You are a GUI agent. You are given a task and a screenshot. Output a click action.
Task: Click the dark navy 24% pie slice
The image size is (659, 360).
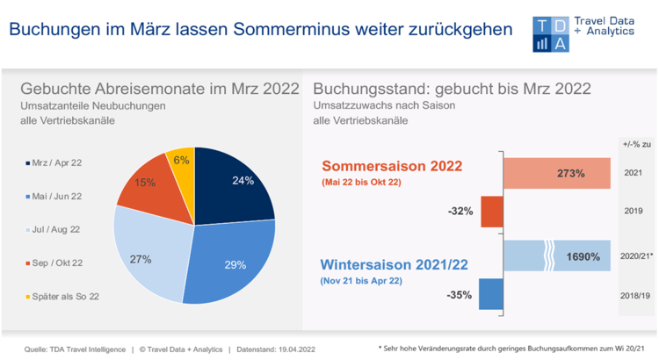coord(234,185)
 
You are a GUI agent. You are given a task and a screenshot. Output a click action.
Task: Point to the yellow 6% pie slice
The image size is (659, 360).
coord(181,162)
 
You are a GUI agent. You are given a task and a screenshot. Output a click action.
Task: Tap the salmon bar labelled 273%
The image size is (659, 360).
coord(555,174)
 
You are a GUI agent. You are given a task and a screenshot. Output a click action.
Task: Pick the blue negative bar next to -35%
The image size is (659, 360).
coord(490,294)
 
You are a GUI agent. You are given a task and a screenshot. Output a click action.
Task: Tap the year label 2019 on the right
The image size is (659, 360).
coord(633,212)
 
